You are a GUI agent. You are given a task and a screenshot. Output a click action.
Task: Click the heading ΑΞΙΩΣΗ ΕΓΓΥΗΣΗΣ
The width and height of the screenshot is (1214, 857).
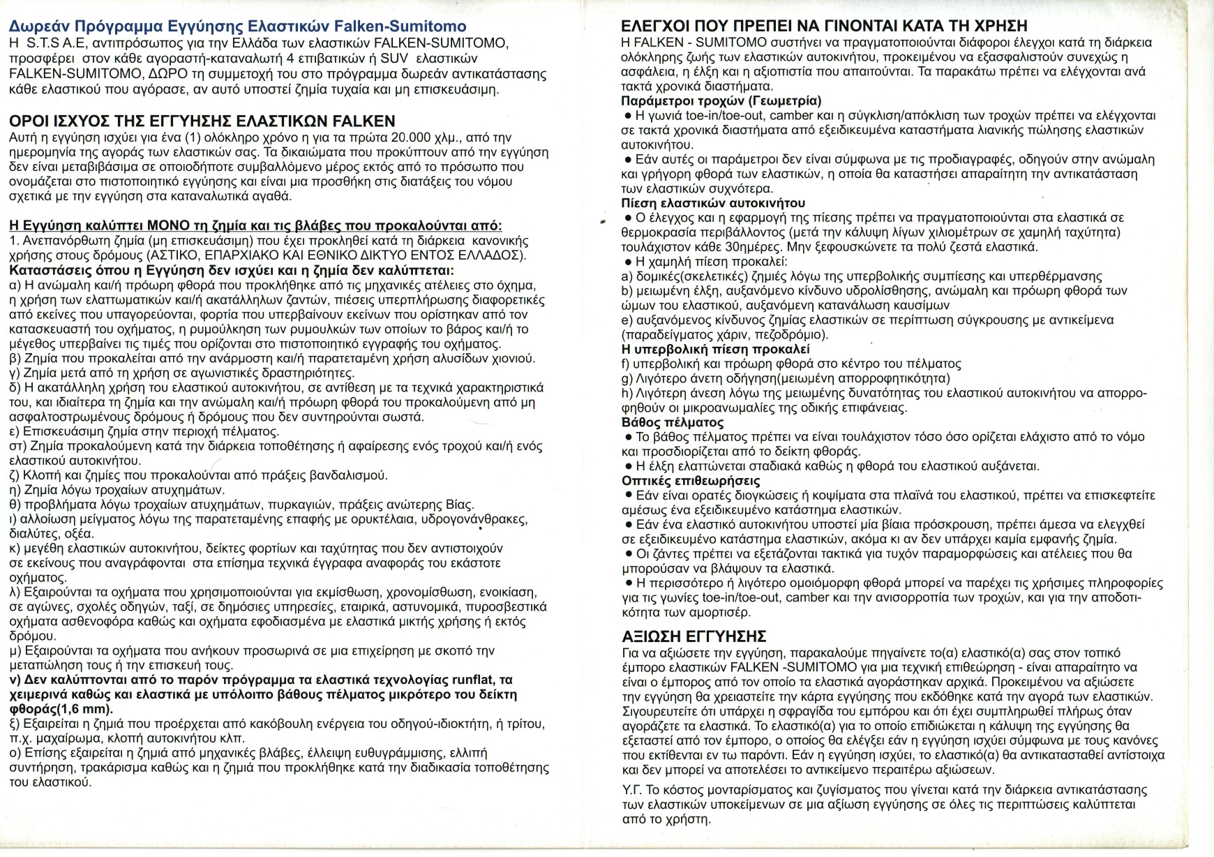694,636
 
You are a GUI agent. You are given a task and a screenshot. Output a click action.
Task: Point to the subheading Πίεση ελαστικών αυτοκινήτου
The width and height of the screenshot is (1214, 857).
713,203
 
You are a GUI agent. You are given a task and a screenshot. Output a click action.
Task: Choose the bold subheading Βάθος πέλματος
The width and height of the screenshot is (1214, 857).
673,422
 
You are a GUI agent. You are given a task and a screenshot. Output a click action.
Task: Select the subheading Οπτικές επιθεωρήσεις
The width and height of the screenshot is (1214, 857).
691,481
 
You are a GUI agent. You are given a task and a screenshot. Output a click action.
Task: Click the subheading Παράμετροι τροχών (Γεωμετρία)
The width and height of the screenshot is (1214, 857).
721,100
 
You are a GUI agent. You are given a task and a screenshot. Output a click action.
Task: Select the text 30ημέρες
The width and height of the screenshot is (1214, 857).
752,247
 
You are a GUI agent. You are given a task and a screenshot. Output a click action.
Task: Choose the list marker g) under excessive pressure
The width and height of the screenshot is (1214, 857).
627,378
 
